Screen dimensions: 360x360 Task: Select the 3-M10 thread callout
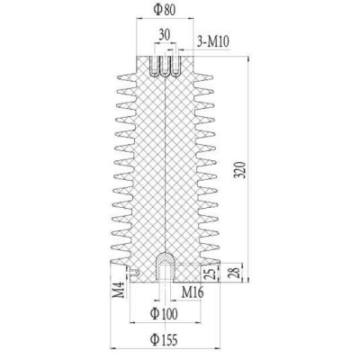[x=212, y=41]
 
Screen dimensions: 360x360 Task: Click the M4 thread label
[x=118, y=291]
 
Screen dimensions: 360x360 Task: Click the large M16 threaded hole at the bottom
[x=164, y=268]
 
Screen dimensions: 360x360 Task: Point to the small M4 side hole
[x=131, y=272]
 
